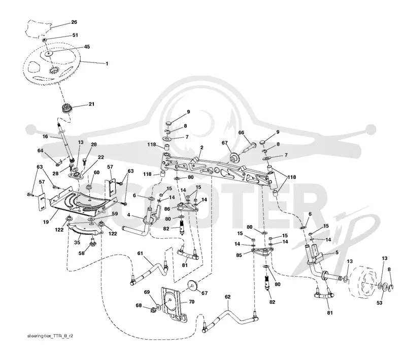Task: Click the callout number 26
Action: tap(74, 22)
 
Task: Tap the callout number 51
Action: tap(75, 35)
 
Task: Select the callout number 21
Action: tap(91, 104)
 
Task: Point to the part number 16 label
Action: tap(45, 136)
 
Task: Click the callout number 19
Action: tap(46, 222)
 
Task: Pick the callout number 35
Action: tap(77, 242)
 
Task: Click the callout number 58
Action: tap(82, 253)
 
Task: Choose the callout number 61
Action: tap(140, 253)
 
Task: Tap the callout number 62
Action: tap(227, 297)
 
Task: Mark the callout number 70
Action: tap(191, 302)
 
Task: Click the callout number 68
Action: tap(139, 305)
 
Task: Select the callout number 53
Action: tap(379, 303)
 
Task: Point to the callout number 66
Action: tap(241, 133)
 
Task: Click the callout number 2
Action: tap(201, 148)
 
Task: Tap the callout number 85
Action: tap(239, 255)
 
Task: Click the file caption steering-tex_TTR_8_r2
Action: tap(50, 336)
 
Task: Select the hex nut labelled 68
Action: tap(153, 309)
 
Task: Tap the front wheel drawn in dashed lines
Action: tap(362, 281)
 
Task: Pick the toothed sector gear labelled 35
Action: tap(85, 229)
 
